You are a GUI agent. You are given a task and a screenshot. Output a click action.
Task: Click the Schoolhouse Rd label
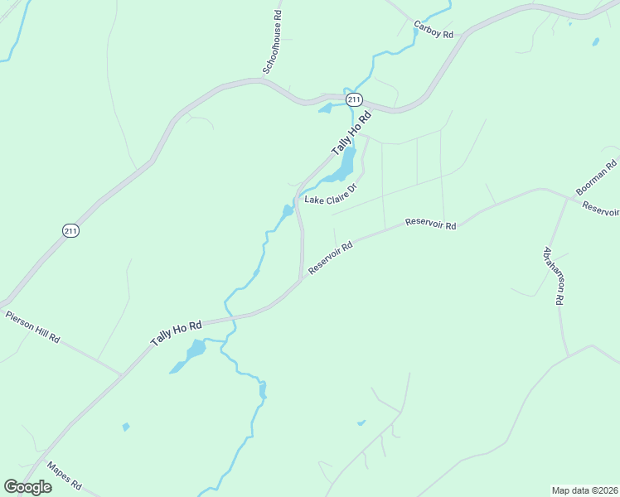click(x=273, y=43)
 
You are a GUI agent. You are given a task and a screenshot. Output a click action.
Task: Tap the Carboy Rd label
click(x=434, y=29)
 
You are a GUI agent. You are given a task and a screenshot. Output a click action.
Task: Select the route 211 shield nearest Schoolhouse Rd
click(x=354, y=99)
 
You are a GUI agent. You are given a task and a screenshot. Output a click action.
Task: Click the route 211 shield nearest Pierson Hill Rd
click(x=70, y=231)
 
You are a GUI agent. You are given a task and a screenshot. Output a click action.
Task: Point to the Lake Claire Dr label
click(x=330, y=195)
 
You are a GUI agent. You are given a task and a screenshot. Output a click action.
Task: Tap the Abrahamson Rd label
click(x=553, y=276)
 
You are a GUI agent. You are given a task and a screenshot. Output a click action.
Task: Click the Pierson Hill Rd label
click(x=33, y=327)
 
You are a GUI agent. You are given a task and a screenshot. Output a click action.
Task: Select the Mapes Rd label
click(x=64, y=473)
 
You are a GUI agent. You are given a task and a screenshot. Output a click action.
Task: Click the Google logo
click(x=27, y=487)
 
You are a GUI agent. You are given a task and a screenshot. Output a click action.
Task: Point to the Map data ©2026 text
click(x=585, y=490)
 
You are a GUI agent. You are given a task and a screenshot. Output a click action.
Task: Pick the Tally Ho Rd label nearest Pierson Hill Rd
click(x=177, y=334)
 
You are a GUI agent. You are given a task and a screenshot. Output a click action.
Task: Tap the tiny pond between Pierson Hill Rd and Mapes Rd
click(x=126, y=427)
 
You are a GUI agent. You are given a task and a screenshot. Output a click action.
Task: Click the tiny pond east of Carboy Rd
click(x=596, y=41)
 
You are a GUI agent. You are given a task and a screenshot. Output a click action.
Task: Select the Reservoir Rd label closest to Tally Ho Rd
click(x=331, y=258)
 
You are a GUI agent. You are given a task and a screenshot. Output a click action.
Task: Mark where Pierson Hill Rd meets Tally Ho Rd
click(x=122, y=374)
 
